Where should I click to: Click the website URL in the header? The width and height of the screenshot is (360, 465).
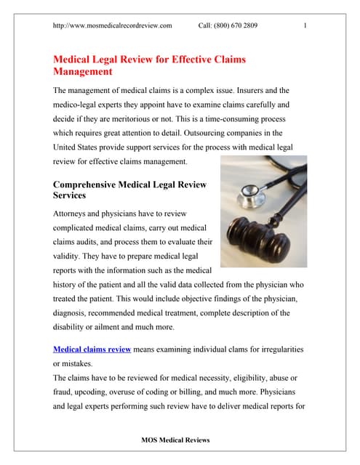click(x=113, y=26)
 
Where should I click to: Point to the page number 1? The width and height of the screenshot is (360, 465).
click(x=305, y=26)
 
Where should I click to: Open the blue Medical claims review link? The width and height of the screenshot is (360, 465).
click(x=92, y=349)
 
